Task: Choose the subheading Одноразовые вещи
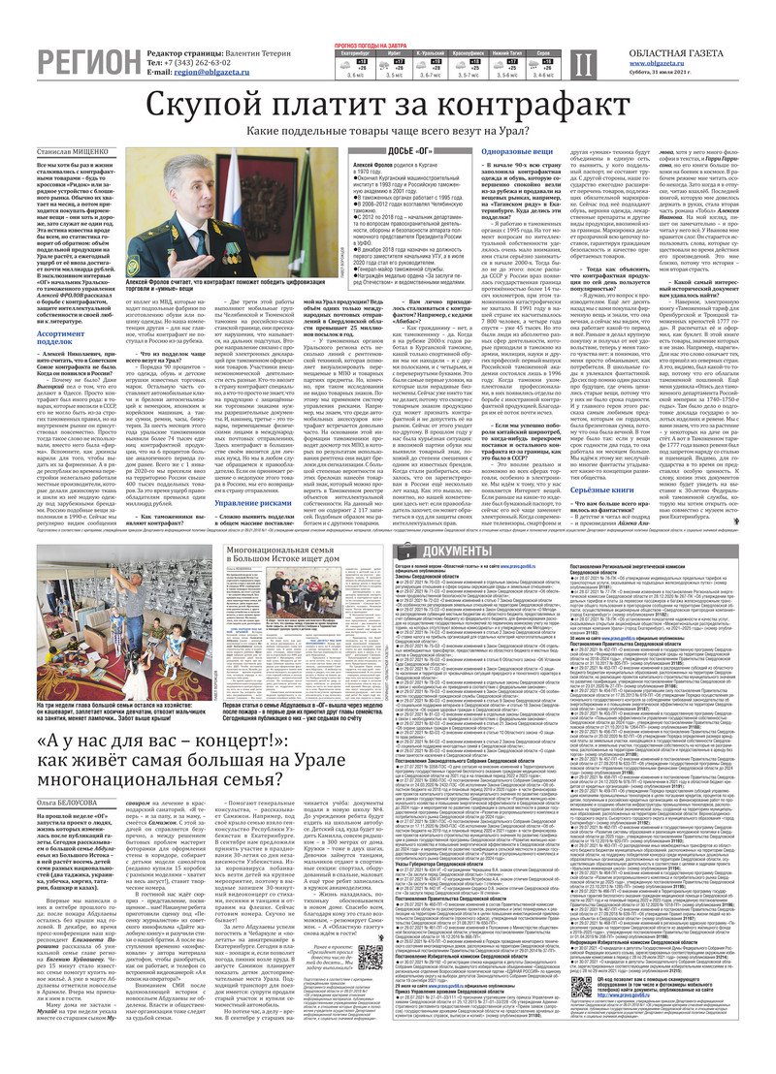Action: coord(517,152)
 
